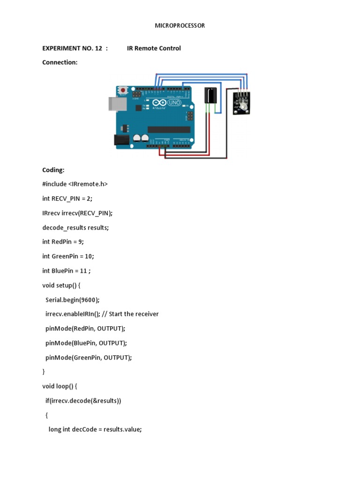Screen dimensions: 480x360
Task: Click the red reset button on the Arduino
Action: point(123,90)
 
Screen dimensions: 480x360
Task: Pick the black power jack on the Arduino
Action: point(121,140)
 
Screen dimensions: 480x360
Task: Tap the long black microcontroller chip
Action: point(169,129)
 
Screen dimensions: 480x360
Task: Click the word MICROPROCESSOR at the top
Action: point(180,26)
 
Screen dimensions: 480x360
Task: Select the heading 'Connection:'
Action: point(60,62)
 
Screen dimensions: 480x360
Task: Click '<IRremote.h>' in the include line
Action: point(88,184)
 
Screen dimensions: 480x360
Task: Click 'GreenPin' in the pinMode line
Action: point(86,357)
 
